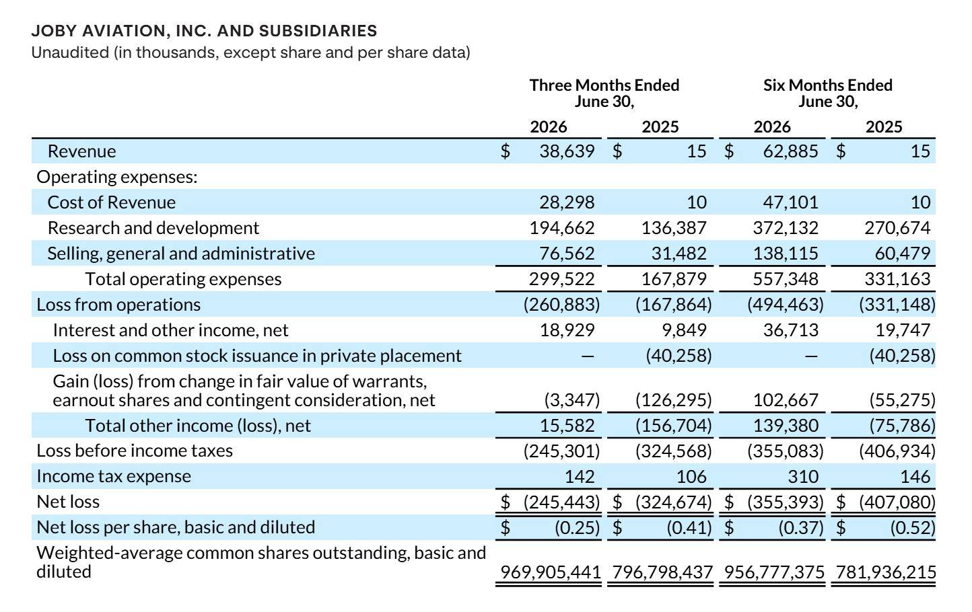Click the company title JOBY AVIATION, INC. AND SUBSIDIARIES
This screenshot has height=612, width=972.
point(204,31)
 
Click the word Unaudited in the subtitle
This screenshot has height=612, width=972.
point(70,52)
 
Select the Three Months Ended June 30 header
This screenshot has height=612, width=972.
point(604,93)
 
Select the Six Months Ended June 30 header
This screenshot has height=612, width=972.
point(828,93)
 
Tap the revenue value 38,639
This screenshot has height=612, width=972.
point(567,151)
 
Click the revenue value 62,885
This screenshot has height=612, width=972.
point(790,151)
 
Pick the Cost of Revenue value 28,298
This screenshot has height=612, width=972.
point(567,202)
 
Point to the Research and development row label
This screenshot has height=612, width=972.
point(153,228)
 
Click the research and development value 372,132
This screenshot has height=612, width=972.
point(786,228)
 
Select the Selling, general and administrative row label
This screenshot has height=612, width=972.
point(181,254)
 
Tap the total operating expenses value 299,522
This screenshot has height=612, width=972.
point(561,279)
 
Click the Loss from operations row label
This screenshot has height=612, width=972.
point(118,305)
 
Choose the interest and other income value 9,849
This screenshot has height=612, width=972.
point(684,330)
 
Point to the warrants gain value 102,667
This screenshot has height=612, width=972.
point(786,400)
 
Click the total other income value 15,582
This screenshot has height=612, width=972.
point(567,426)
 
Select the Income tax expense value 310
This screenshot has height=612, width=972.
point(803,477)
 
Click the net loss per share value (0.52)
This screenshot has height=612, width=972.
point(913,528)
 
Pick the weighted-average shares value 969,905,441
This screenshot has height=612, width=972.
point(550,572)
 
